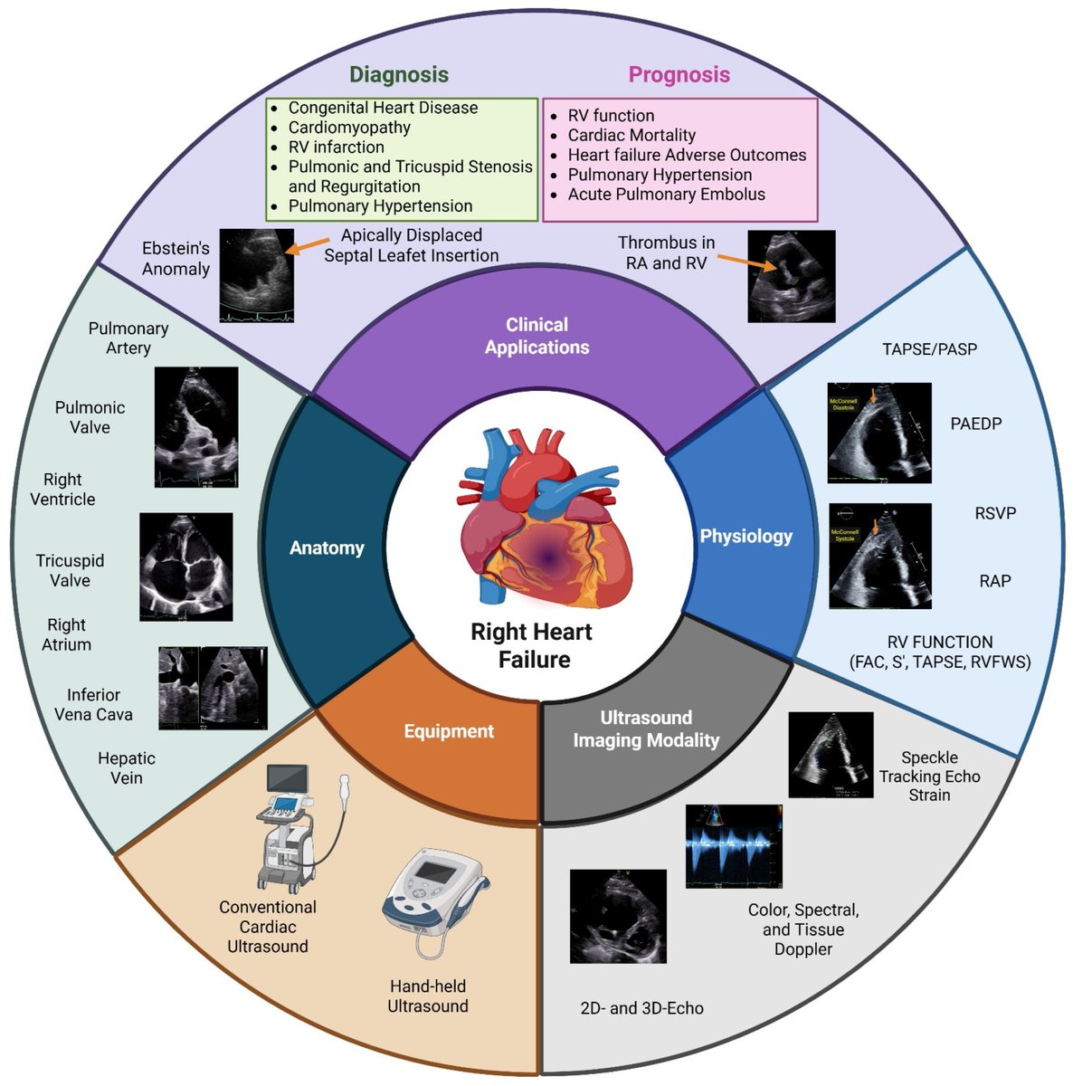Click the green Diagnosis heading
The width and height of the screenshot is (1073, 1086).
point(399,74)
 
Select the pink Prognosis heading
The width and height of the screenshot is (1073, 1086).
point(679,74)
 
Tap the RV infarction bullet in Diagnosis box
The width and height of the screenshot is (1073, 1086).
point(336,147)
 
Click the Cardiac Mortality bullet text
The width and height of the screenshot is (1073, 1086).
point(631,135)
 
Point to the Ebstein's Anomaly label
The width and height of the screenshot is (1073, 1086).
point(176,258)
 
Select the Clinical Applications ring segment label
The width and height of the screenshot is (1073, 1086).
point(536,336)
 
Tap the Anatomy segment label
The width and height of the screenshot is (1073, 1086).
point(327,548)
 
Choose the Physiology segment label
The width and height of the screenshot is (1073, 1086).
point(745,536)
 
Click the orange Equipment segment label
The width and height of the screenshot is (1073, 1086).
point(449,731)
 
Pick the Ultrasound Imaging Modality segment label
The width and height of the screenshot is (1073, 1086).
point(646,729)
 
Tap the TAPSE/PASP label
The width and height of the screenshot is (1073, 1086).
point(929,348)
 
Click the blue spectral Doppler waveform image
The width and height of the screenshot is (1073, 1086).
point(733,845)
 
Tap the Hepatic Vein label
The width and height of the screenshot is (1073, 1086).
point(126,767)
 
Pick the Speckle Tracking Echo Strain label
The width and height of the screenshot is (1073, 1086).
point(929,776)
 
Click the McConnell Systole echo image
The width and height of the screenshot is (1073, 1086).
point(879,556)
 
